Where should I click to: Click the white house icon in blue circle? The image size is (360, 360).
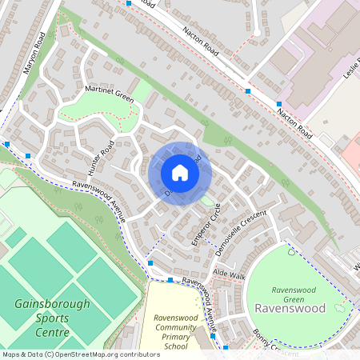coord(180,173)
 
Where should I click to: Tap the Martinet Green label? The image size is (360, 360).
coord(104,95)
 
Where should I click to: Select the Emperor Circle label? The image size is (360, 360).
coord(206,223)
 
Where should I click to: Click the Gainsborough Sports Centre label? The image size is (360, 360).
coord(42,318)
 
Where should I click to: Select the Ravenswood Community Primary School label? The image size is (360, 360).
coord(174,332)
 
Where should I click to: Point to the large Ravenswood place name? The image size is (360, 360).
coord(290,308)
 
